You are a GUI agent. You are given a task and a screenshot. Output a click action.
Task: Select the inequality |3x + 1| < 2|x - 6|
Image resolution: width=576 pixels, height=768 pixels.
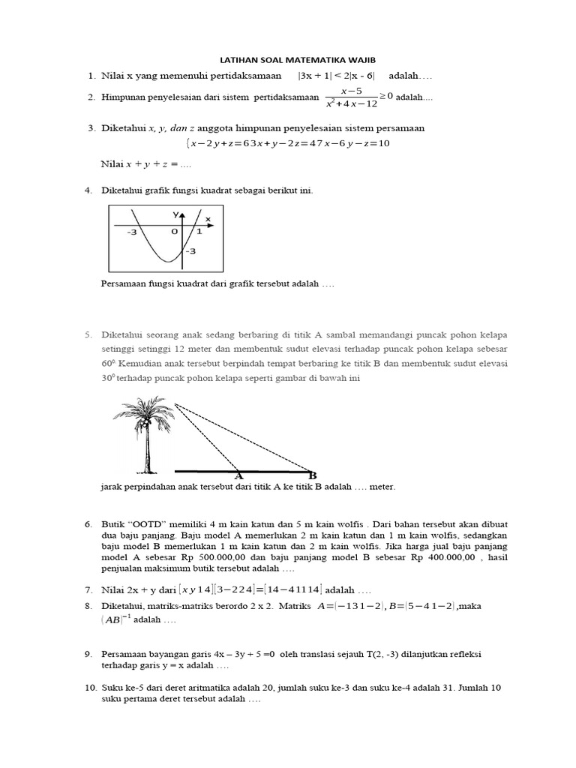(x=338, y=76)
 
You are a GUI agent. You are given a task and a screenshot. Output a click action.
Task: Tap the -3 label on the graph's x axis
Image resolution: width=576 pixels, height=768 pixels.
(x=132, y=232)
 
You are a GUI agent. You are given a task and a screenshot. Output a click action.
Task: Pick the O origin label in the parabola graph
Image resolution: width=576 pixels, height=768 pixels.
(x=174, y=232)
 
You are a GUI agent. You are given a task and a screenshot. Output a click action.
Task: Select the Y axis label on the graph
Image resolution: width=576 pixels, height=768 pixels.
(x=176, y=214)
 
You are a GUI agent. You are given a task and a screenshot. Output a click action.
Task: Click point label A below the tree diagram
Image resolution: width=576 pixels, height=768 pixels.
(x=238, y=475)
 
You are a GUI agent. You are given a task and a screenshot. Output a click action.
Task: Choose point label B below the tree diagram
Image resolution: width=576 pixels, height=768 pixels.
(x=312, y=475)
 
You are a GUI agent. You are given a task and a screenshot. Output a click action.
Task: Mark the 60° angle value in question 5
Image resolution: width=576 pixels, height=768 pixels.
(x=109, y=364)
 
